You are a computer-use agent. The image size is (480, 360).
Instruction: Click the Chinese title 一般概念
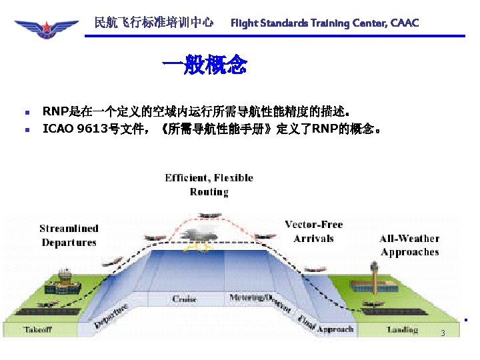pyautogui.click(x=205, y=65)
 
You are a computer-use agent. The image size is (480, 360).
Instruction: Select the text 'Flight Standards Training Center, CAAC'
pyautogui.click(x=325, y=23)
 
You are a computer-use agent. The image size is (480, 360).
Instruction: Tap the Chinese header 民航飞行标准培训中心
pyautogui.click(x=154, y=23)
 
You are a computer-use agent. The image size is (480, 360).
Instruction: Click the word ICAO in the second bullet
pyautogui.click(x=58, y=128)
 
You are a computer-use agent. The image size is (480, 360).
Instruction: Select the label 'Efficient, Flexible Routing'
pyautogui.click(x=209, y=185)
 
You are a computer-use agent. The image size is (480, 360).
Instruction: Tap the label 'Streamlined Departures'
pyautogui.click(x=69, y=235)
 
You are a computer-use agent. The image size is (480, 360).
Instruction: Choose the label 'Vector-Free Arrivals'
pyautogui.click(x=313, y=231)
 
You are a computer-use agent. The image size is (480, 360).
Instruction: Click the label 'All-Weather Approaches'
pyautogui.click(x=409, y=245)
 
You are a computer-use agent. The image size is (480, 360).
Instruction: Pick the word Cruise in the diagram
pyautogui.click(x=185, y=299)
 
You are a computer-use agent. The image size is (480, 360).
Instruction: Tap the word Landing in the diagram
pyautogui.click(x=402, y=329)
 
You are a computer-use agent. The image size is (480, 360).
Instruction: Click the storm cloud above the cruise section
pyautogui.click(x=198, y=234)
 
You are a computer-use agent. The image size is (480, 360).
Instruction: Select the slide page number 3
pyautogui.click(x=442, y=333)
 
